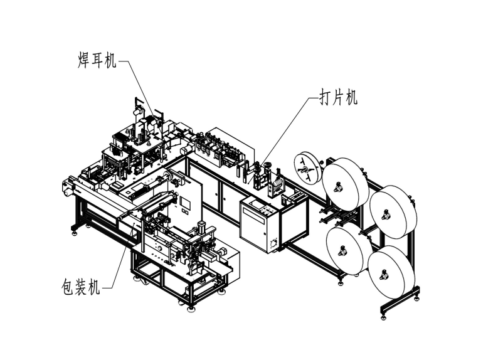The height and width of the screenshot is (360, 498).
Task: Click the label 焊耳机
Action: (93, 61)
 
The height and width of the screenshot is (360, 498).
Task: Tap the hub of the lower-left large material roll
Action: (344, 251)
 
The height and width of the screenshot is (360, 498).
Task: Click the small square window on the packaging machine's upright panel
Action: (186, 202)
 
